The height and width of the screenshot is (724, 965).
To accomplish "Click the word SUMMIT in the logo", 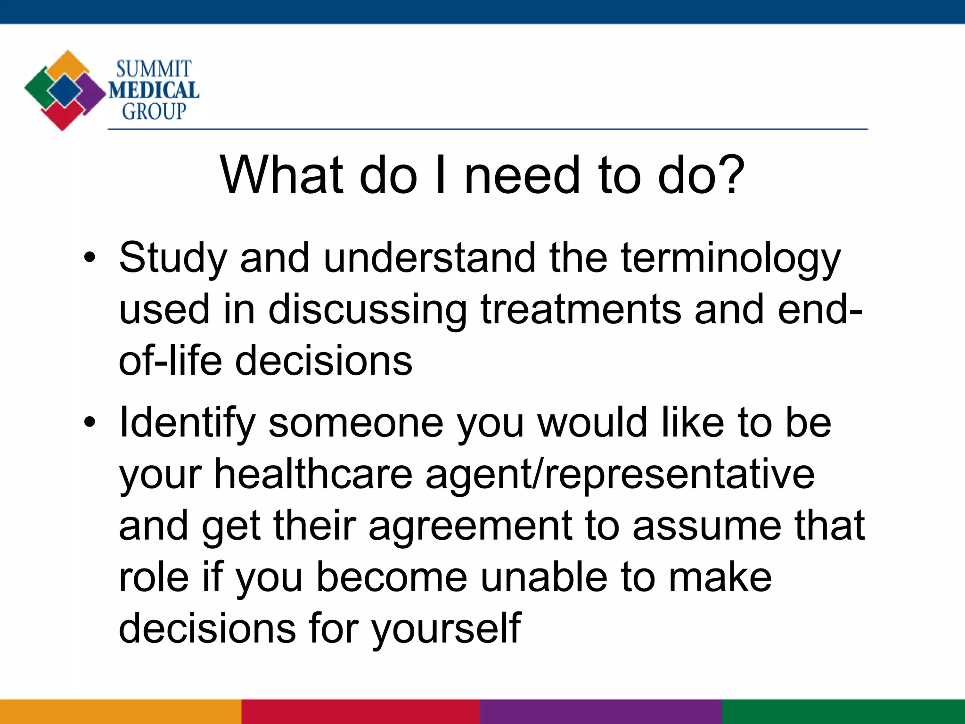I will point(154,70).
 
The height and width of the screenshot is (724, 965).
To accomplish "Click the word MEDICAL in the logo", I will point(154,90).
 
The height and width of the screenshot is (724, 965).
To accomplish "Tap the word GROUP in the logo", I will point(154,112).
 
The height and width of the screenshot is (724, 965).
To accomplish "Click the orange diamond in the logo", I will point(68,65).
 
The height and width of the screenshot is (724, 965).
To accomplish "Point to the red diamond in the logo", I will point(62,115).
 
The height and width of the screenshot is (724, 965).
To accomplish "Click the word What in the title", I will point(281,175).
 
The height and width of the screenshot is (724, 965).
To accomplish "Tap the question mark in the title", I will point(730,175).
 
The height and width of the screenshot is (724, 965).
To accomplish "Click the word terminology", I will point(730,259).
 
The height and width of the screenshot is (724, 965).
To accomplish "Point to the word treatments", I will point(581,310).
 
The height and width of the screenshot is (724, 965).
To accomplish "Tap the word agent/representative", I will point(620,474).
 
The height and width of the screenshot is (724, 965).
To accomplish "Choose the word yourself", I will point(446,629).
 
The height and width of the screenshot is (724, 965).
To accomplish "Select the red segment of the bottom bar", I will point(360,712).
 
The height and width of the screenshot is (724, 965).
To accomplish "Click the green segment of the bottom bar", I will point(843,712).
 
